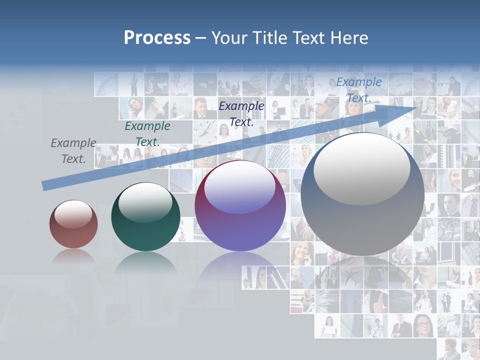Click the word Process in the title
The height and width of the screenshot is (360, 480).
tap(157, 38)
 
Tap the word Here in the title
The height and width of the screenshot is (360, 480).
tap(348, 38)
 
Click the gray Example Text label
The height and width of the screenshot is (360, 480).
tap(73, 151)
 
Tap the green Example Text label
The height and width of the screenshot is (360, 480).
tap(147, 134)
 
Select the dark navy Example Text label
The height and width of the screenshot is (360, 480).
tap(241, 113)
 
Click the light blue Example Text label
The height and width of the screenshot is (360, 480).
tap(358, 90)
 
